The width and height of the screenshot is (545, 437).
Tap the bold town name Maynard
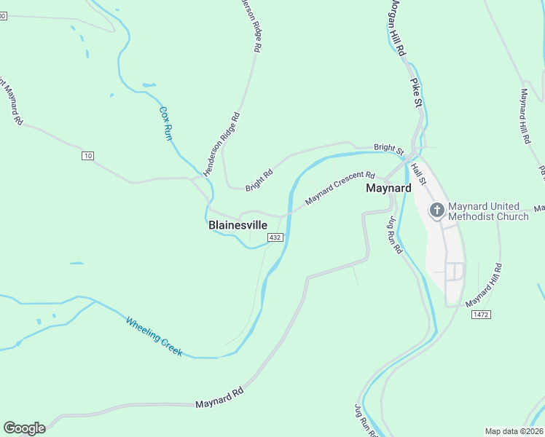tap(388, 188)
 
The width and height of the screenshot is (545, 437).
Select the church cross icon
tap(436, 211)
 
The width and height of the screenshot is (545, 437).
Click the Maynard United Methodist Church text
tap(488, 211)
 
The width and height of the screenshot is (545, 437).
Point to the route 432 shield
tap(275, 237)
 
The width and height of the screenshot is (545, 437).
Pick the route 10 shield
tap(88, 156)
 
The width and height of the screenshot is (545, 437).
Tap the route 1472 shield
tap(480, 314)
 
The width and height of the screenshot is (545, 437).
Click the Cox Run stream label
tap(166, 123)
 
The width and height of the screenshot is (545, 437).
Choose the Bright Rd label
tap(259, 180)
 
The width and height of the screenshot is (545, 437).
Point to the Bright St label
tap(388, 149)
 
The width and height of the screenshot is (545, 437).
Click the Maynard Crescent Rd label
tap(340, 188)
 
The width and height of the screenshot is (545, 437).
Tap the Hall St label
tap(417, 173)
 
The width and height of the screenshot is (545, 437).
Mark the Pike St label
tap(416, 93)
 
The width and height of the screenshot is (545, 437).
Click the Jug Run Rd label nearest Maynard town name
tap(394, 235)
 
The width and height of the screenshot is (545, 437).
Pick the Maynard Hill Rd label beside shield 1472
tap(484, 285)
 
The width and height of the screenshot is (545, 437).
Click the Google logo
tap(24, 428)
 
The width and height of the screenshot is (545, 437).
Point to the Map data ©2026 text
tap(514, 431)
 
